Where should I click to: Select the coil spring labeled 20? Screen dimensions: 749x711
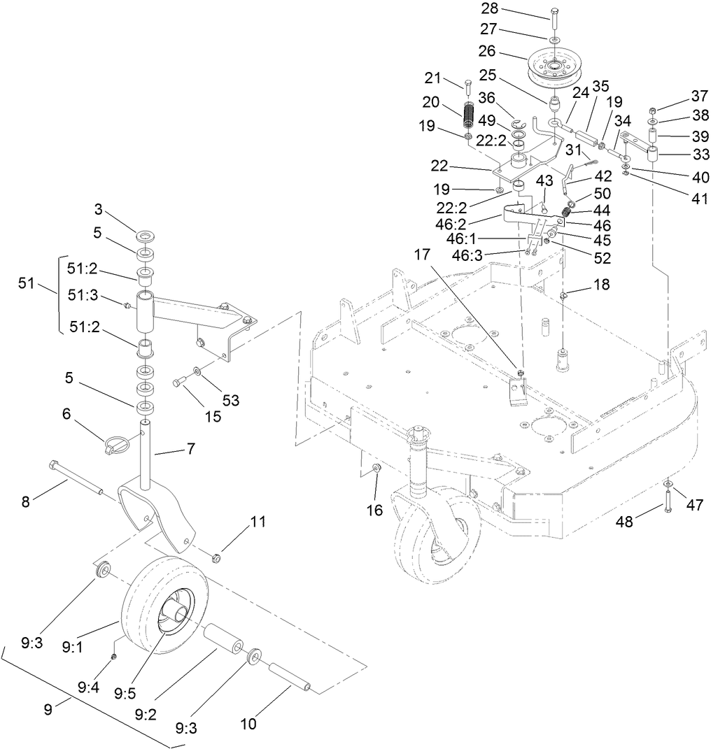point(469,115)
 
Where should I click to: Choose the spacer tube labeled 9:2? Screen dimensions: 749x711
point(223,643)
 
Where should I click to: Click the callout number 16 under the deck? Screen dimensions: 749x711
point(375,510)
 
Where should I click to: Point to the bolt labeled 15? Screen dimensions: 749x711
point(179,381)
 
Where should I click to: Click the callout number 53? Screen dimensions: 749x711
point(230,400)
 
